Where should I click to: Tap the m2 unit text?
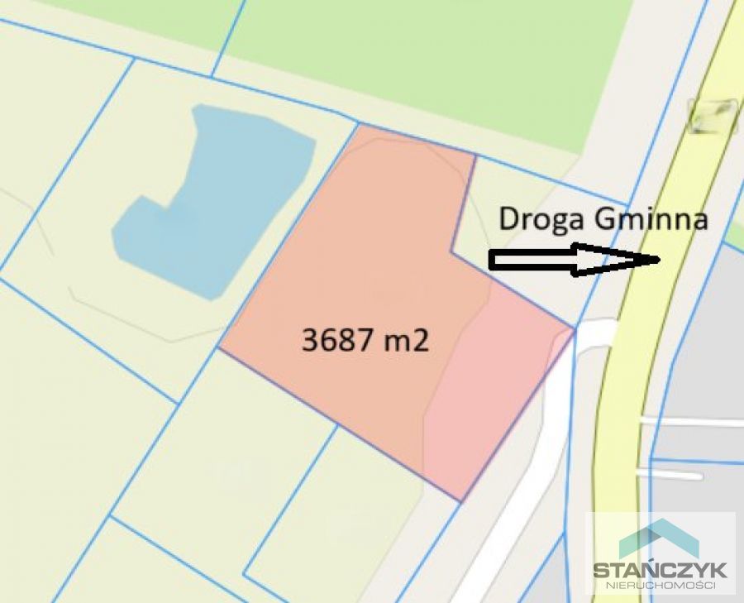(x=406, y=340)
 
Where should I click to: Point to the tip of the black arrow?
(x=658, y=260)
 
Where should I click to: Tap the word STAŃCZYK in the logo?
(x=660, y=569)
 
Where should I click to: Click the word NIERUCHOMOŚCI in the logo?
(x=660, y=586)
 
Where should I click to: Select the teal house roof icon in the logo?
(x=659, y=538)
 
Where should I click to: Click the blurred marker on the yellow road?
(x=713, y=116)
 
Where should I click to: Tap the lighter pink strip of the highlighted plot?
(x=496, y=389)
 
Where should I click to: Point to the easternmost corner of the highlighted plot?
(x=574, y=329)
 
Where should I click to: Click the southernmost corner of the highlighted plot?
(x=460, y=501)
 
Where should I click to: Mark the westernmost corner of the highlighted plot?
(x=219, y=348)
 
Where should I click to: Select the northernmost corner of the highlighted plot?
(x=360, y=125)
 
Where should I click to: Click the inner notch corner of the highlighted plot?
(x=451, y=251)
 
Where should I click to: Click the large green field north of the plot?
(x=430, y=66)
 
